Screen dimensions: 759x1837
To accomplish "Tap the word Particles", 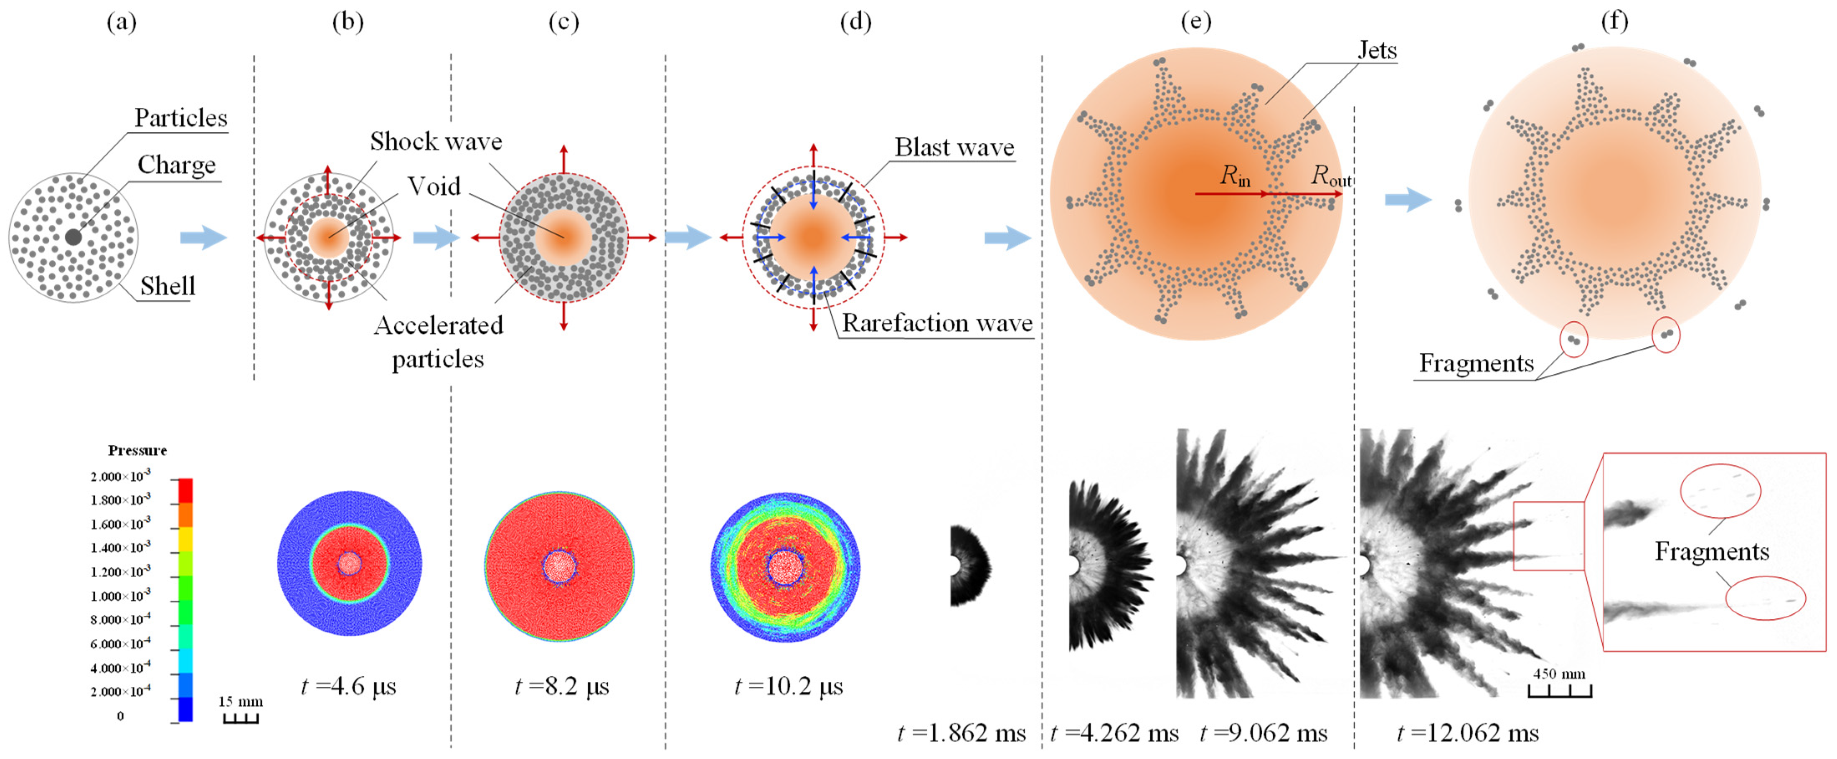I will [x=181, y=118].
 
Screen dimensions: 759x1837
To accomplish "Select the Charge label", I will [x=176, y=165].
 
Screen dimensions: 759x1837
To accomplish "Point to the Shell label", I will [x=167, y=286].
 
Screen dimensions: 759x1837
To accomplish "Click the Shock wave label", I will [x=436, y=141].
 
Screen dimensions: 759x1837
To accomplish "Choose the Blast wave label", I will [x=954, y=147].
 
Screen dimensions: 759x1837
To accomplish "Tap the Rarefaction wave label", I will [x=937, y=323].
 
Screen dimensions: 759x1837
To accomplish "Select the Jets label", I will [x=1376, y=50].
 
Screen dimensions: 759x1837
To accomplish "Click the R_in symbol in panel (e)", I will [x=1234, y=175].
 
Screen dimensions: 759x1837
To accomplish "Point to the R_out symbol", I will [x=1331, y=175].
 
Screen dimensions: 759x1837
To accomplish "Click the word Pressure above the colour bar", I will [x=138, y=450].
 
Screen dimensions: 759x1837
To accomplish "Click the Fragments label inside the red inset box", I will [x=1712, y=551].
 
